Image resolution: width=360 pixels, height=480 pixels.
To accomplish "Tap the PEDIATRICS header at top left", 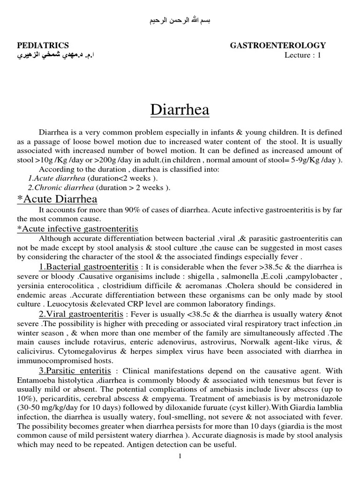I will coord(43,45).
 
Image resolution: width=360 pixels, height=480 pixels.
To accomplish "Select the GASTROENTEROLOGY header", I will coord(278,45).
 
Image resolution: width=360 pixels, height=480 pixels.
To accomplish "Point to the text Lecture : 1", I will coord(303,55).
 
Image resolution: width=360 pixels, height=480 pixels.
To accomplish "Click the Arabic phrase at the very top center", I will coord(180,21).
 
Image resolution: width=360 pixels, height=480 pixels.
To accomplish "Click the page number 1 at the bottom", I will coord(180,457).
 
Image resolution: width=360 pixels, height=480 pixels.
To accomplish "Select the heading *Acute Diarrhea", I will coord(57,199).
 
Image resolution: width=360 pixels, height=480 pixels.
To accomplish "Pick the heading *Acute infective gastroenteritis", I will coord(77,229).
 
